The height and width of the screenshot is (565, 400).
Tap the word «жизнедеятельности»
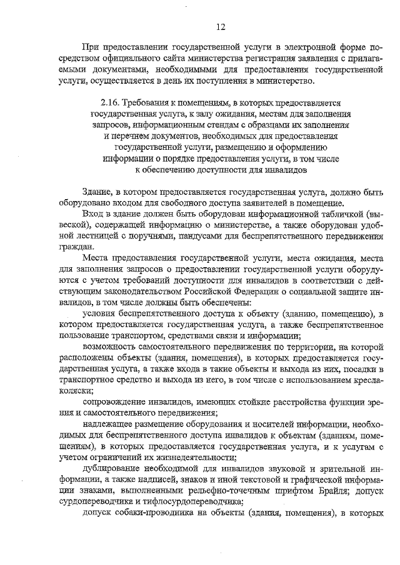178,458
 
